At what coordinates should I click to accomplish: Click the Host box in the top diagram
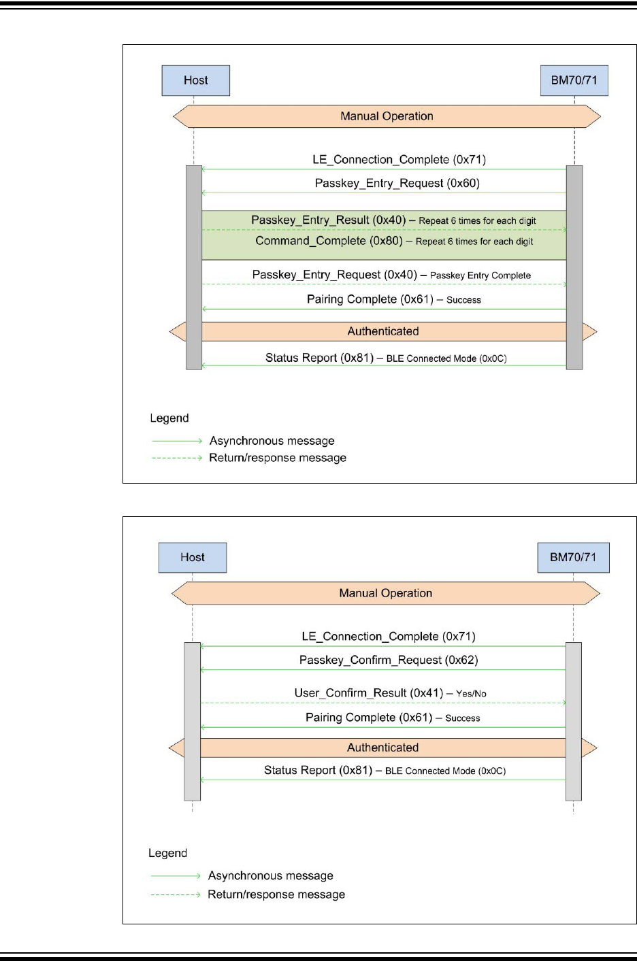pos(196,81)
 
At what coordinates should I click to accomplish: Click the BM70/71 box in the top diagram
pos(574,81)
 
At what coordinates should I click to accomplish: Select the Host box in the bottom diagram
pos(193,558)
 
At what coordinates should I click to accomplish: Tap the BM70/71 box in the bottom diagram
pos(573,558)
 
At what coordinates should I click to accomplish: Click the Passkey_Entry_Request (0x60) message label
pos(397,183)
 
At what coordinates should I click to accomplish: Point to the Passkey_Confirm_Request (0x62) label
pos(389,660)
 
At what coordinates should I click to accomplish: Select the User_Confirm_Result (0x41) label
pos(369,693)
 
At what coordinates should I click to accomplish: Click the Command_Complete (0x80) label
pos(329,241)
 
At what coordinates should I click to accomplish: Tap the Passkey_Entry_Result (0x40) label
pos(328,220)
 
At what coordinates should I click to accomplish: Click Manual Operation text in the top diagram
pos(387,116)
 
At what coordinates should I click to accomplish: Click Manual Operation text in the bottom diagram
pos(386,593)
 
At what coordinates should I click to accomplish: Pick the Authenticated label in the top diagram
pos(383,331)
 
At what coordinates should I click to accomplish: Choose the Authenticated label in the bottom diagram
pos(382,748)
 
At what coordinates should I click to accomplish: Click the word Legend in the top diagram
pos(169,418)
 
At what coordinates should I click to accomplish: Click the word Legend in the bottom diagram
pos(167,853)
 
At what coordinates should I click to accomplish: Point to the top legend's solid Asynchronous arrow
pos(177,441)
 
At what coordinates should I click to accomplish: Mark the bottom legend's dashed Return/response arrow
pos(176,894)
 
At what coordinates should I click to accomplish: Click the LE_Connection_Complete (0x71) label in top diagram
pos(399,160)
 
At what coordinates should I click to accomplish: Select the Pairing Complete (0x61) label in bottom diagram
pos(369,718)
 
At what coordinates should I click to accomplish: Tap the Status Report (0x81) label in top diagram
pos(320,358)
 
